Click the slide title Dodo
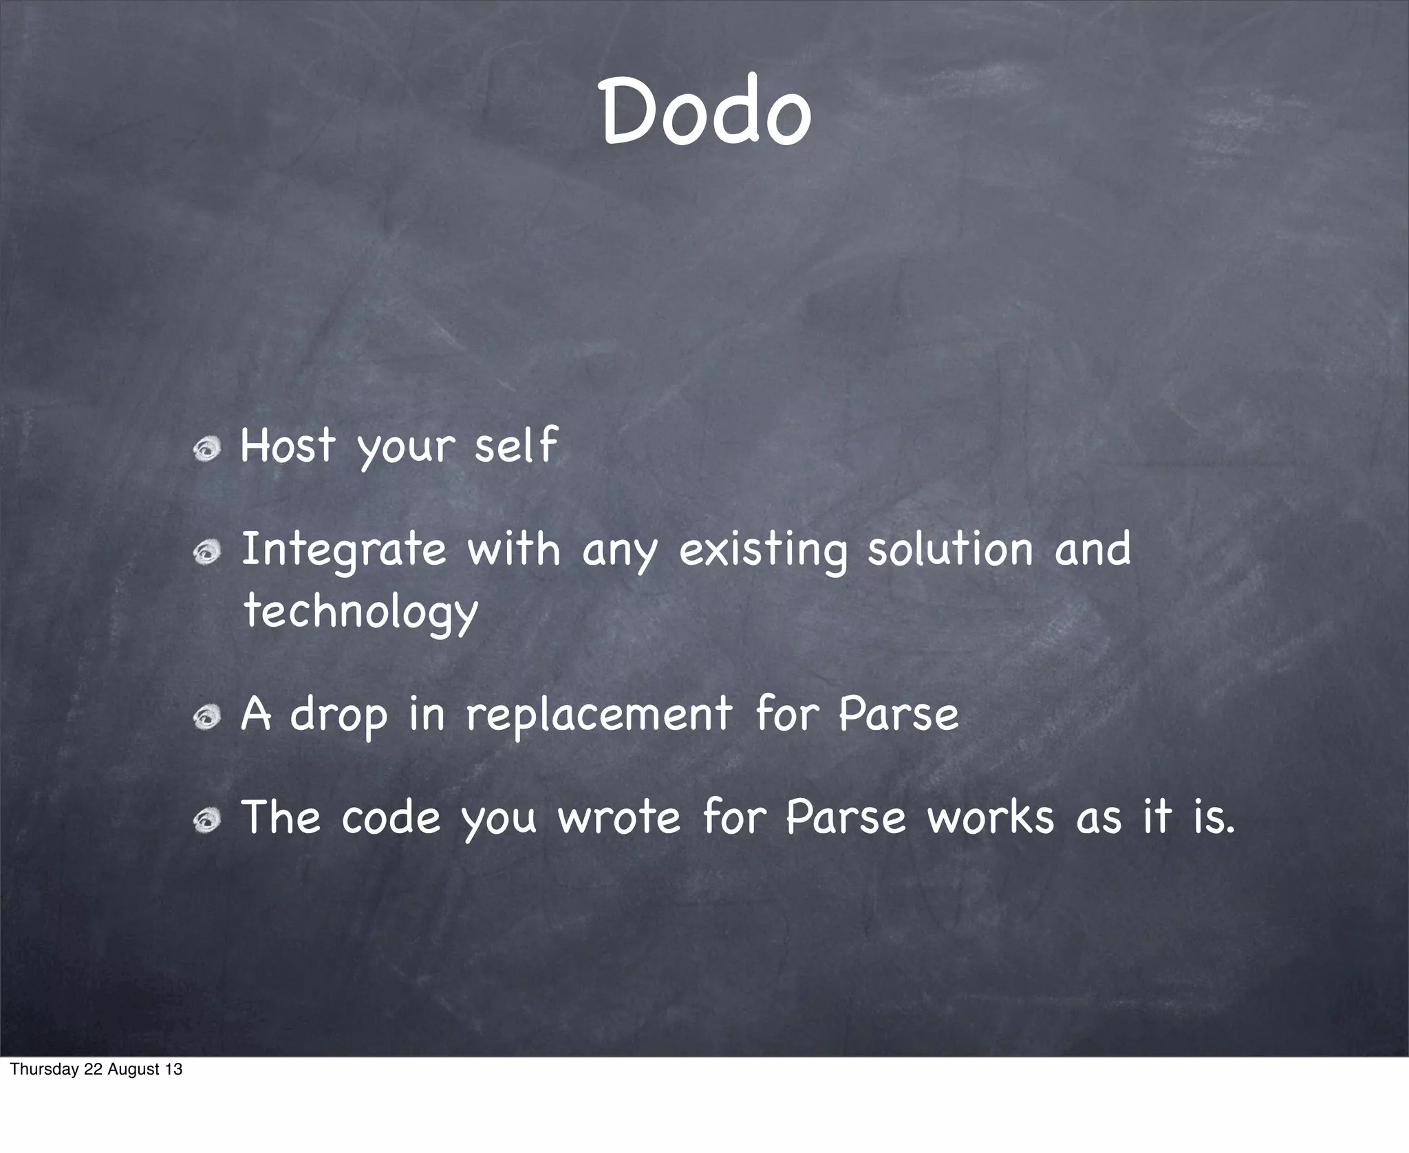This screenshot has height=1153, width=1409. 707,111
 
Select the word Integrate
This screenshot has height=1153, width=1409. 344,550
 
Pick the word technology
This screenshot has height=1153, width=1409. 361,611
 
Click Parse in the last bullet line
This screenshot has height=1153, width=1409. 846,817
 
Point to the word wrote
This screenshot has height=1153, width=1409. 619,817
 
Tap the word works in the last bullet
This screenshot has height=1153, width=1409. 990,817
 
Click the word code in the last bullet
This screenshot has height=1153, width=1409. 391,817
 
